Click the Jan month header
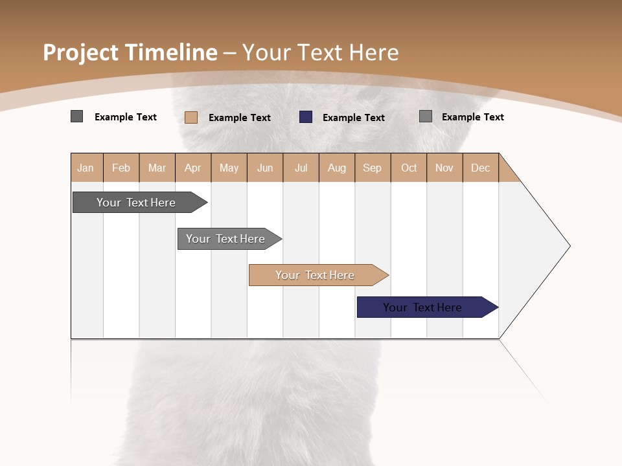click(x=86, y=168)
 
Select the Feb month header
click(x=121, y=168)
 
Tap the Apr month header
click(x=192, y=168)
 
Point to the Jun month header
click(x=265, y=168)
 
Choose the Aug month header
click(x=336, y=168)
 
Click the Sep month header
click(x=372, y=168)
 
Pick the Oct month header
click(x=409, y=168)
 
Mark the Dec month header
click(x=480, y=168)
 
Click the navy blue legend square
click(x=306, y=117)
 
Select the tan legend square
click(x=191, y=117)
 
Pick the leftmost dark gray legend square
click(x=77, y=116)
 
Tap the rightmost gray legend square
click(x=426, y=116)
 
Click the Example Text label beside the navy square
click(x=354, y=118)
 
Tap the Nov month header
click(x=444, y=168)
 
